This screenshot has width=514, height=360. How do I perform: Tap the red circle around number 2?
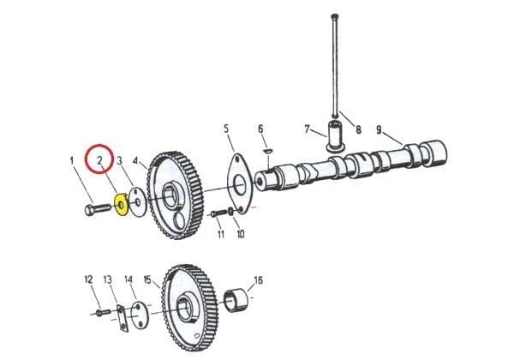click(x=100, y=160)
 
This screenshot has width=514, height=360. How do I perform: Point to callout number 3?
click(x=121, y=160)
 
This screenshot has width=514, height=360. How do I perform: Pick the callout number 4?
click(x=135, y=160)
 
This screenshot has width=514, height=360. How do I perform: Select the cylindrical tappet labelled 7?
click(x=334, y=136)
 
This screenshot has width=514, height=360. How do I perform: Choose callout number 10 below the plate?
click(x=240, y=234)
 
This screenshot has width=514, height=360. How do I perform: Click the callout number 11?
click(x=220, y=234)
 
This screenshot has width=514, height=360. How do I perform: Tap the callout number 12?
click(x=87, y=279)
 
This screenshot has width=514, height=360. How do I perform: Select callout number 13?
click(x=108, y=279)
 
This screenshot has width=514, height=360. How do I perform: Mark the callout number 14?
click(x=128, y=279)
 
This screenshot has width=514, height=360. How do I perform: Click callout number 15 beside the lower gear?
click(x=147, y=279)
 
